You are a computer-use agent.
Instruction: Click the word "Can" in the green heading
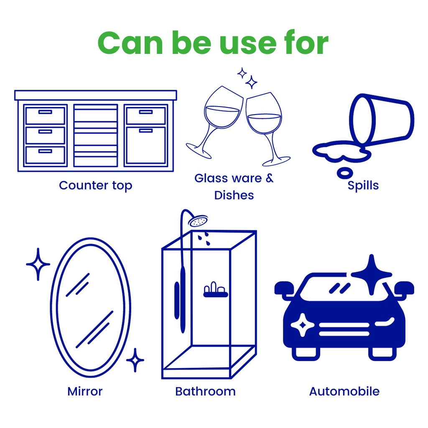click(x=130, y=43)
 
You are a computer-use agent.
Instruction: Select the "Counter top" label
click(x=96, y=186)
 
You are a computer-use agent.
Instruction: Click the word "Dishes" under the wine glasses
click(x=234, y=195)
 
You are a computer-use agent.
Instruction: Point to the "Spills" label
click(x=363, y=185)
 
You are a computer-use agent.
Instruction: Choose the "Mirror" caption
click(x=85, y=391)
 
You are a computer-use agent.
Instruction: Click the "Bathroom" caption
click(x=205, y=391)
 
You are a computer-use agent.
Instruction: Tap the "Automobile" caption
click(x=344, y=391)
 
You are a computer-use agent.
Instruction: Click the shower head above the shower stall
click(x=198, y=221)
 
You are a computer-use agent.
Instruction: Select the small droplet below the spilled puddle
click(x=345, y=173)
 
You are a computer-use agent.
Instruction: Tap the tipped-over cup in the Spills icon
click(x=382, y=119)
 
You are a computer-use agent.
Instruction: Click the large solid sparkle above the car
click(x=371, y=274)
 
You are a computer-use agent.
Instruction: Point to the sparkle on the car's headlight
click(x=303, y=325)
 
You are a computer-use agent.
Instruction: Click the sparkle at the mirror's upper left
click(x=38, y=264)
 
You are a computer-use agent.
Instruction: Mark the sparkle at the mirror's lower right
click(x=135, y=360)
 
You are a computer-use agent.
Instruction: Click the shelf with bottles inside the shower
click(x=216, y=290)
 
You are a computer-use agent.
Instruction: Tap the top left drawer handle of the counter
click(x=45, y=112)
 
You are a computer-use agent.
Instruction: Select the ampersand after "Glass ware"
click(x=270, y=178)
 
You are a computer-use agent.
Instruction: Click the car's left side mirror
click(x=284, y=289)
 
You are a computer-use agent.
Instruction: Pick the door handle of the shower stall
click(x=177, y=300)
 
